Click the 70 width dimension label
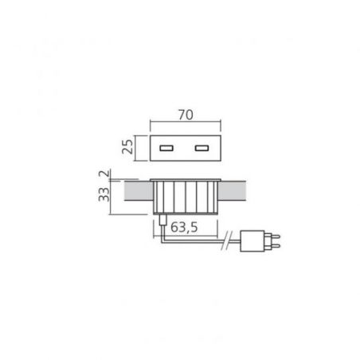[186, 115]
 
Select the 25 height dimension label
[127, 147]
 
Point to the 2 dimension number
[104, 174]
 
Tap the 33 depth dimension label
[104, 194]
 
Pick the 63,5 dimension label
[184, 227]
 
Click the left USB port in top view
[166, 148]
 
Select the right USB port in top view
[202, 148]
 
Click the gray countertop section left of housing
[139, 191]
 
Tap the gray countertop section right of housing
[232, 191]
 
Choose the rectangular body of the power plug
[252, 241]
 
